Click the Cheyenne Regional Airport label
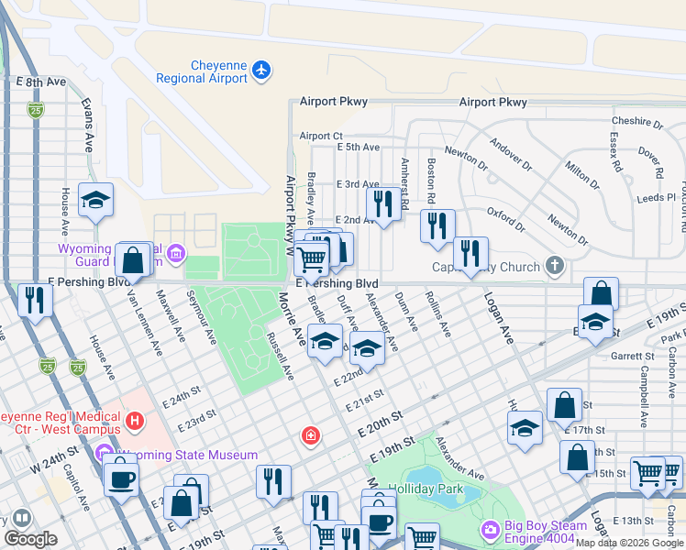click(218, 71)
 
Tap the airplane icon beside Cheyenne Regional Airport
click(262, 70)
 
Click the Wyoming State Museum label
click(187, 455)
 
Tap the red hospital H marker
click(135, 422)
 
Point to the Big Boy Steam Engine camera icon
click(491, 530)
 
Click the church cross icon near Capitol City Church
click(554, 266)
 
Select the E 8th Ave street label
click(42, 82)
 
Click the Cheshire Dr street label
click(636, 121)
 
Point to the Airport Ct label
click(320, 136)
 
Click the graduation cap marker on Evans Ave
click(95, 201)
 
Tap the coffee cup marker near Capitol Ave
click(121, 477)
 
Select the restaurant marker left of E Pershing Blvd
click(35, 300)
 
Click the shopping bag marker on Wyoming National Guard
click(134, 260)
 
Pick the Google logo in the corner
click(31, 539)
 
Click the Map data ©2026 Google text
click(629, 543)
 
